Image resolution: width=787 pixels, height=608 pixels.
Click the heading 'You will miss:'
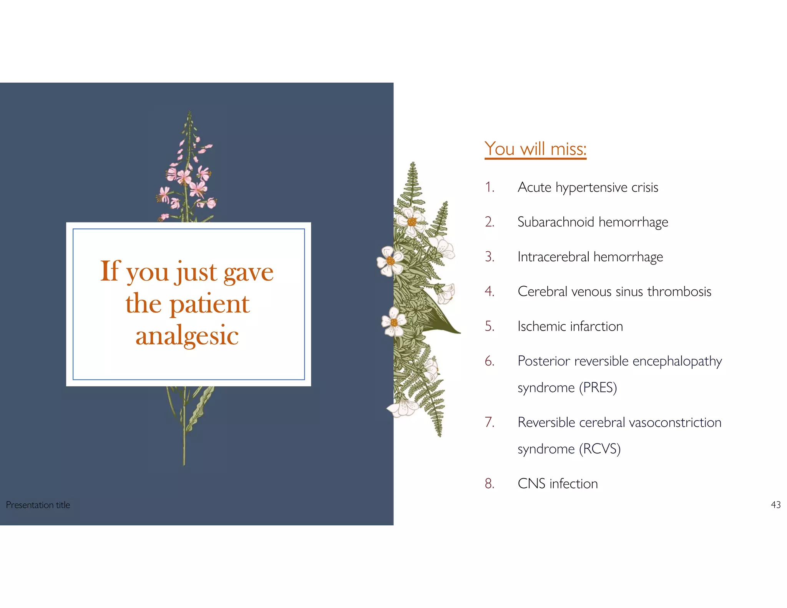point(535,149)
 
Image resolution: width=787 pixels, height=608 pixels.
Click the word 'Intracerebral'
point(553,257)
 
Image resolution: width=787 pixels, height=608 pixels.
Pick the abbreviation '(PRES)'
point(598,387)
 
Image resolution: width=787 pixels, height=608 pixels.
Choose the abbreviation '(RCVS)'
point(599,449)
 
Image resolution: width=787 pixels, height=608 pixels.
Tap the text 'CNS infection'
point(558,483)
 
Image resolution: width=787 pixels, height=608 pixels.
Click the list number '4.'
point(489,291)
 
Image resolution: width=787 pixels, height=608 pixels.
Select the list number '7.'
point(489,422)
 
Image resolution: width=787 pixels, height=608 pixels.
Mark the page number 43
point(775,505)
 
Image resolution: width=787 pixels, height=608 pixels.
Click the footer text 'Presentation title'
point(38,505)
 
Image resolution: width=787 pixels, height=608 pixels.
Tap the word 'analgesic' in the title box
point(187,336)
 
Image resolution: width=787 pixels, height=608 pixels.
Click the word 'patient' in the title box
point(209,304)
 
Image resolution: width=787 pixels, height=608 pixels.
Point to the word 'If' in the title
point(110,271)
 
